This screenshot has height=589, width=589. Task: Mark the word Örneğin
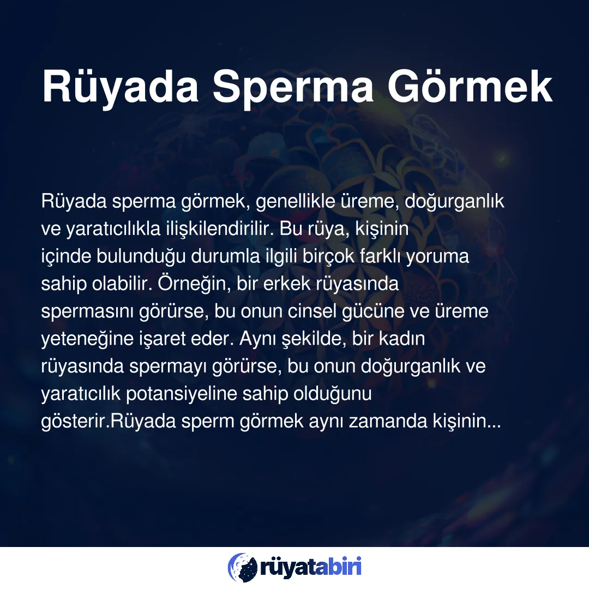[x=194, y=284]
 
